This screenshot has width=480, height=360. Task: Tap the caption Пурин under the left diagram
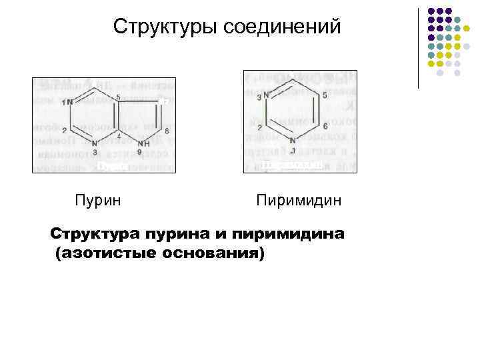pyautogui.click(x=97, y=199)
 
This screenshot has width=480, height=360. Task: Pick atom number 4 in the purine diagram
pyautogui.click(x=119, y=136)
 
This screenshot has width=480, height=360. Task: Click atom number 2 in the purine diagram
pyautogui.click(x=64, y=131)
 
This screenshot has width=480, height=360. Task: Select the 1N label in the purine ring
pyautogui.click(x=67, y=103)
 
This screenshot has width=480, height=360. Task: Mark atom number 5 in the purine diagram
pyautogui.click(x=119, y=97)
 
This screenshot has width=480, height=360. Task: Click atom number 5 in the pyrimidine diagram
pyautogui.click(x=324, y=95)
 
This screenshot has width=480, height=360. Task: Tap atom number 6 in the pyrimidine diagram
pyautogui.click(x=324, y=125)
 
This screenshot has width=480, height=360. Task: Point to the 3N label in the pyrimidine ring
pyautogui.click(x=263, y=96)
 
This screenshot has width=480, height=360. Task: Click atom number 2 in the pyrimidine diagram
pyautogui.click(x=260, y=125)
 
